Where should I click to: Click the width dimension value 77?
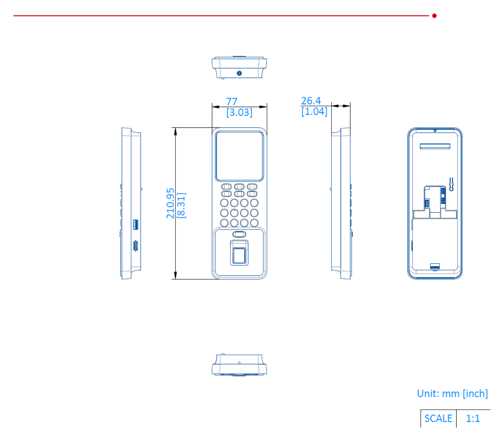click(x=232, y=102)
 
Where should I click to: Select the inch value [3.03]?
click(x=239, y=112)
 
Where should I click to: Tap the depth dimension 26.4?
click(x=311, y=101)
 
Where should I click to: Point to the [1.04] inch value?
click(x=314, y=111)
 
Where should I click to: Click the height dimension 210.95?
click(x=170, y=203)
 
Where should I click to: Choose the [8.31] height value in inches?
click(x=182, y=206)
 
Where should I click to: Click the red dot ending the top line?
click(x=434, y=16)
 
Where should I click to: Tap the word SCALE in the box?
click(x=438, y=418)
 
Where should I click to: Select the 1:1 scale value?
click(x=473, y=418)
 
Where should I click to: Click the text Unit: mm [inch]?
click(x=452, y=394)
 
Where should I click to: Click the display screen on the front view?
click(x=239, y=156)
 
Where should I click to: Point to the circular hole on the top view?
click(x=239, y=73)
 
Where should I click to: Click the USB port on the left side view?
click(x=135, y=224)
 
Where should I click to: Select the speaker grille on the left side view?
click(x=135, y=246)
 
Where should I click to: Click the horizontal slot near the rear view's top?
click(x=435, y=146)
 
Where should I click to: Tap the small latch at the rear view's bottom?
click(x=435, y=266)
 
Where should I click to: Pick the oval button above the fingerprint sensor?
click(x=239, y=234)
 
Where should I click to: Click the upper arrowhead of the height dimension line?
click(x=176, y=132)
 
